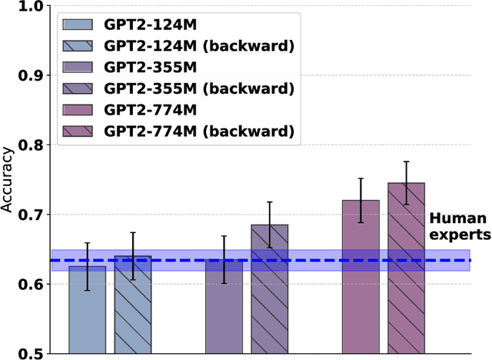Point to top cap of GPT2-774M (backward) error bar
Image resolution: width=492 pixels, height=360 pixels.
406,162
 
